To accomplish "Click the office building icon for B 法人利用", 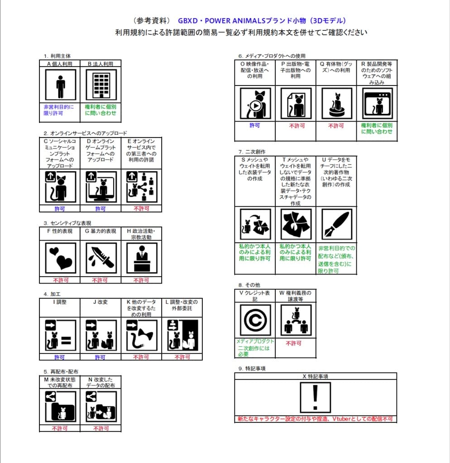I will [x=101, y=86].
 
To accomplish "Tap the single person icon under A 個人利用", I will [x=61, y=86].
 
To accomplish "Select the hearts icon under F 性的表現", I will [x=61, y=258].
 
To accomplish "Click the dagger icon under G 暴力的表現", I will [x=101, y=258].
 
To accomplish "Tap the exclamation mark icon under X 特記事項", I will [x=316, y=397].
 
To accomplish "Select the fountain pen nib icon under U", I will [x=336, y=224].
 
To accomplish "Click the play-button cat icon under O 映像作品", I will [x=255, y=104].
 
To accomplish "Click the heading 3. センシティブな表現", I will [x=67, y=223].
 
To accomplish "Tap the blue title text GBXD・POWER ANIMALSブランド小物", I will [x=262, y=21].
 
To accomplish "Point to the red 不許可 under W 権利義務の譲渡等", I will [x=294, y=343].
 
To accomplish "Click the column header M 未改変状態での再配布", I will [x=60, y=383].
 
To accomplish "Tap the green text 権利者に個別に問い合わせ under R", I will [x=377, y=128].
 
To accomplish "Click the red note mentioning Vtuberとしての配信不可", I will [x=316, y=419].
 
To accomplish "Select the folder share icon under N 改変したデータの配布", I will [x=101, y=406].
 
